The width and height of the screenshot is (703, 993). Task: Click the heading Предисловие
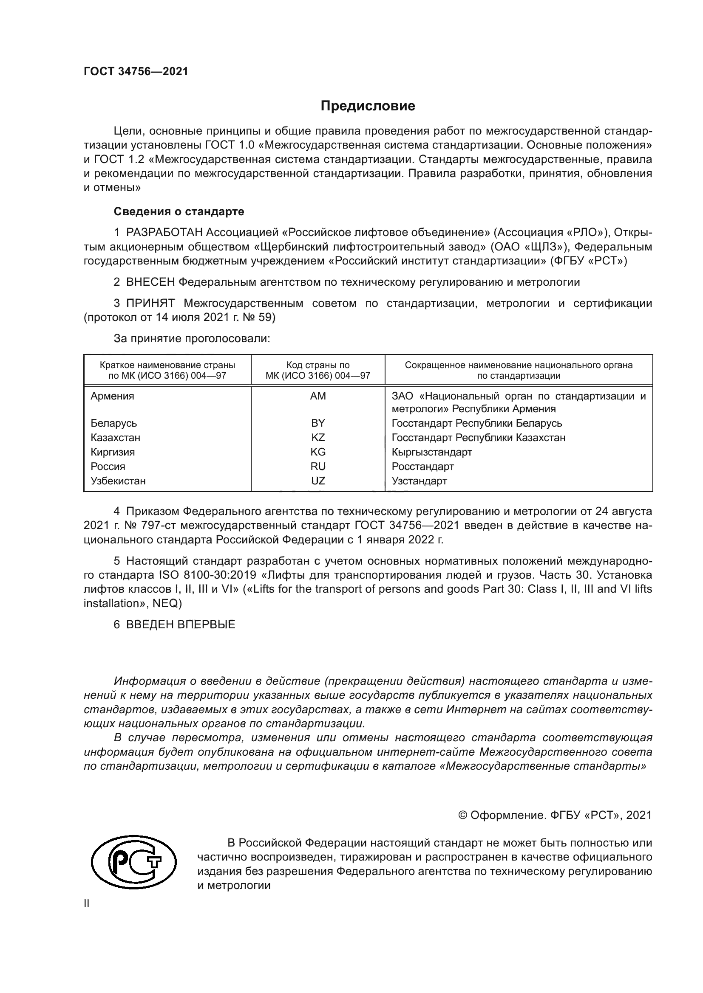click(368, 106)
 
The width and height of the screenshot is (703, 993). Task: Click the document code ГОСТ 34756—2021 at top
click(136, 72)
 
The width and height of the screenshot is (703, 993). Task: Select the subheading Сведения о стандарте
click(179, 211)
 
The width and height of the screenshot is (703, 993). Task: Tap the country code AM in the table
click(318, 396)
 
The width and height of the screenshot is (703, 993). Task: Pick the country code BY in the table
click(318, 423)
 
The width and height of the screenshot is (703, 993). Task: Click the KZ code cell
click(318, 437)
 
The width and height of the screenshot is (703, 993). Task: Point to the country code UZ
click(318, 481)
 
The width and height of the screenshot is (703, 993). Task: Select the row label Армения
click(112, 396)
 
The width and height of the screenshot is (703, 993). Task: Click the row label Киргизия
click(113, 452)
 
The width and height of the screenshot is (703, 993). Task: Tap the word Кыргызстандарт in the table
click(431, 452)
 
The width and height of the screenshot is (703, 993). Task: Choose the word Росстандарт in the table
click(422, 466)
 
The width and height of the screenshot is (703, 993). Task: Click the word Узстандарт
click(419, 481)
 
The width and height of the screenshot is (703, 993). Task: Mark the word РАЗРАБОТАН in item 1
click(164, 233)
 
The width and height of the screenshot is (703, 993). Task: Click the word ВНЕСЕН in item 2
click(150, 282)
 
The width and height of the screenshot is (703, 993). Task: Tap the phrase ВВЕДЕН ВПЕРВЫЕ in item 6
click(181, 624)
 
